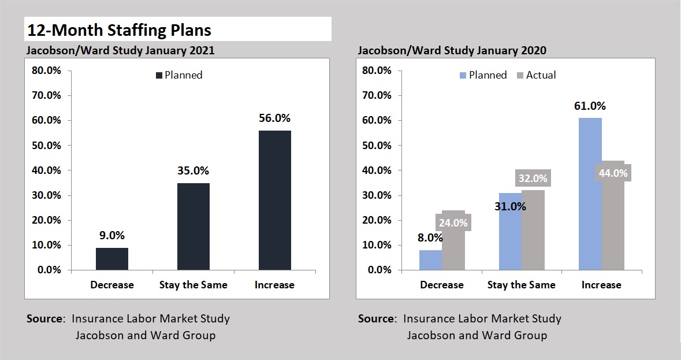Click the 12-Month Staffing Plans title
pyautogui.click(x=120, y=29)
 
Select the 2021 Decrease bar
pyautogui.click(x=112, y=259)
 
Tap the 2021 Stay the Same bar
pyautogui.click(x=193, y=227)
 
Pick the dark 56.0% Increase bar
pyautogui.click(x=275, y=201)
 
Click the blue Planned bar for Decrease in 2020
pyautogui.click(x=430, y=260)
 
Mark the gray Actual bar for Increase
pyautogui.click(x=613, y=225)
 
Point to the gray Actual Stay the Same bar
pyautogui.click(x=533, y=231)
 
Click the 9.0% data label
pyautogui.click(x=112, y=236)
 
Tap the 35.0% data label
pyautogui.click(x=193, y=170)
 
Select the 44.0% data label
pyautogui.click(x=613, y=172)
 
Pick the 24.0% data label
pyautogui.click(x=453, y=222)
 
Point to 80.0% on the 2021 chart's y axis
pyautogui.click(x=45, y=70)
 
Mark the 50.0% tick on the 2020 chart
pyautogui.click(x=377, y=146)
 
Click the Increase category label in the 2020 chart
pyautogui.click(x=601, y=285)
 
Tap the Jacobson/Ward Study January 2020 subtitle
pyautogui.click(x=452, y=50)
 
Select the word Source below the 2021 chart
pyautogui.click(x=44, y=318)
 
